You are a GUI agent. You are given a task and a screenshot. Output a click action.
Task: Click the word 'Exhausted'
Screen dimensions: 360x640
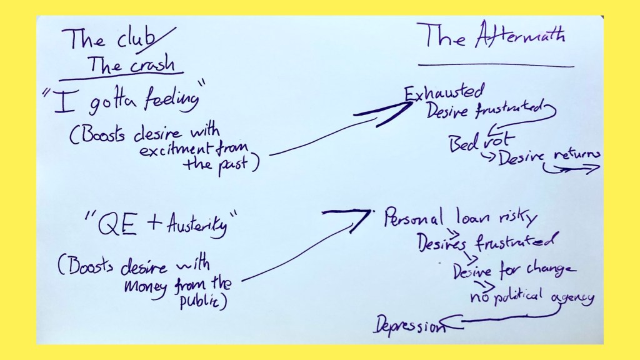point(444,93)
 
